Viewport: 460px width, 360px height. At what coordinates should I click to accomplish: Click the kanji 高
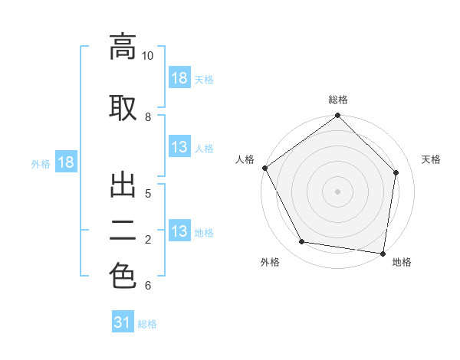123,47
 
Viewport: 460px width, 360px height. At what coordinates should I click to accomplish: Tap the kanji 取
123,108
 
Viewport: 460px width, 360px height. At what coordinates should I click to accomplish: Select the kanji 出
123,185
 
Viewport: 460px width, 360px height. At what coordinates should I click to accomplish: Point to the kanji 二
123,231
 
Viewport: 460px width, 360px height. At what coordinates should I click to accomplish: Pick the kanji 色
123,276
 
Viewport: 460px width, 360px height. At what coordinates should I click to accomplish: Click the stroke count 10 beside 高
147,56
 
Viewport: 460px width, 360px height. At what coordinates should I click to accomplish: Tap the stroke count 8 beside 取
148,117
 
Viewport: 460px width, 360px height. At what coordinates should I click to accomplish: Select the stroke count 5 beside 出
148,194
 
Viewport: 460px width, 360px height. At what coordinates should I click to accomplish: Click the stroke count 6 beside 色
148,285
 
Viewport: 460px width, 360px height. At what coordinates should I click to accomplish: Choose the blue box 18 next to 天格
179,77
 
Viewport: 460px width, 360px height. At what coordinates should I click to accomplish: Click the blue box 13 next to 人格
179,146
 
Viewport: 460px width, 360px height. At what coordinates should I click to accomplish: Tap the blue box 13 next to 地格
179,230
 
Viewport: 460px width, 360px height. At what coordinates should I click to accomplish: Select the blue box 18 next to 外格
66,162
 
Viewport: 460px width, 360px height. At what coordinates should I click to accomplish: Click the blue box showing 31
123,321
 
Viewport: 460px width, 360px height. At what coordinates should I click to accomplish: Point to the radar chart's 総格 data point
337,115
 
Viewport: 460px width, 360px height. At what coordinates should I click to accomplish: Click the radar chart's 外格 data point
301,241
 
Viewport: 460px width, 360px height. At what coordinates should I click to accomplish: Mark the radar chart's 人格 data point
265,168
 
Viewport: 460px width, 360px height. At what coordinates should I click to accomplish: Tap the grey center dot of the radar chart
337,191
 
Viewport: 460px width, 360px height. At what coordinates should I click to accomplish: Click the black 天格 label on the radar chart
431,159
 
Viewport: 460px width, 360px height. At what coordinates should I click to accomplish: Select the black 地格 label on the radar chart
402,262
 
